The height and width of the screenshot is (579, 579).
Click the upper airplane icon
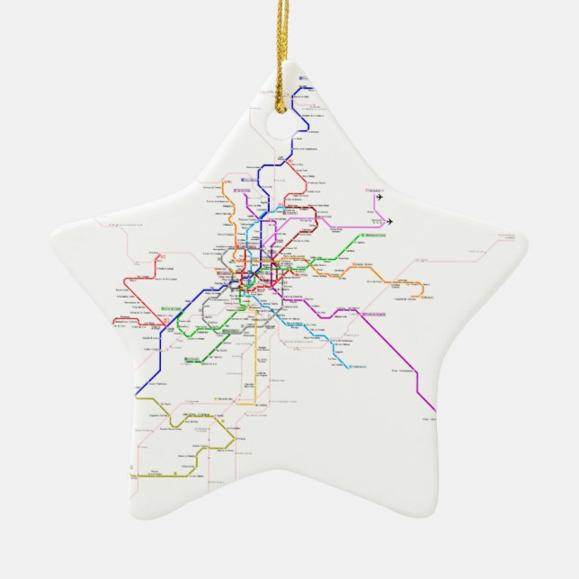(380, 192)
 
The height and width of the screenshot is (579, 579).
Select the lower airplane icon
(389, 221)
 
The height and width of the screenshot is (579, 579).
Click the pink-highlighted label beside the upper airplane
(370, 190)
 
